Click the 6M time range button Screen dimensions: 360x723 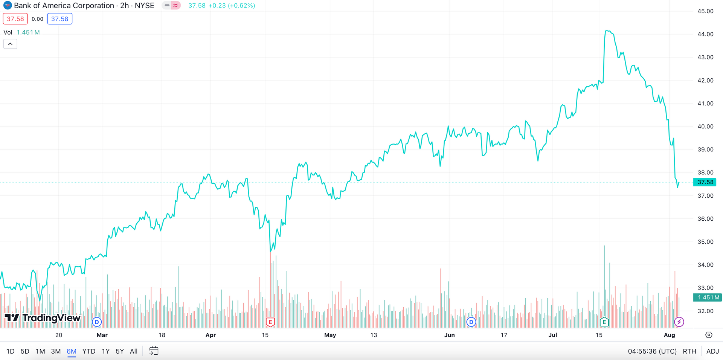click(x=71, y=351)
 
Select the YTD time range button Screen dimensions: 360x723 click(x=89, y=351)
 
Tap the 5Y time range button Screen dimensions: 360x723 click(x=120, y=351)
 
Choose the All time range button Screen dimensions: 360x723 click(x=134, y=351)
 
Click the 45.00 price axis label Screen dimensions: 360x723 click(x=705, y=11)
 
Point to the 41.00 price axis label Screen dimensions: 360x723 click(x=705, y=104)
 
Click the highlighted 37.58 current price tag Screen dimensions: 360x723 click(x=705, y=182)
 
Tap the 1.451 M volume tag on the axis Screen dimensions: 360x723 click(x=708, y=297)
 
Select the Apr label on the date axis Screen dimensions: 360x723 click(x=210, y=335)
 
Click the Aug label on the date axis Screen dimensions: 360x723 click(x=669, y=335)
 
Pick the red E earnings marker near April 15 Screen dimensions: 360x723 click(x=270, y=322)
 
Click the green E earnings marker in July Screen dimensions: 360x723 click(x=604, y=322)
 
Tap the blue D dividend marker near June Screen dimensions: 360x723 click(x=471, y=322)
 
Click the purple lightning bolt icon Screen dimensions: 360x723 click(x=679, y=322)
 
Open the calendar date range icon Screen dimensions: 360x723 click(x=154, y=351)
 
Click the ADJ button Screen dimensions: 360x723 click(x=712, y=351)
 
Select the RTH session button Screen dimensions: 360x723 click(x=689, y=351)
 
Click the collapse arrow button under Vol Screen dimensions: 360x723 click(x=10, y=44)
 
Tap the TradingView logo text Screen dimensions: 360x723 click(x=51, y=318)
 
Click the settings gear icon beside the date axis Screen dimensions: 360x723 click(x=709, y=335)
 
